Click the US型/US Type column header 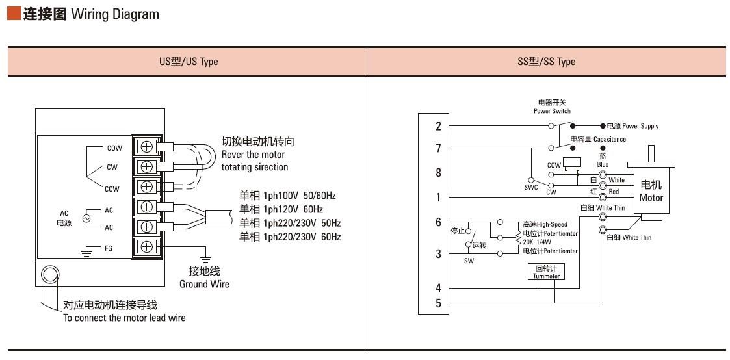click(189, 61)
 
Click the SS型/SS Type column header click(546, 61)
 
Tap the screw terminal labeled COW click(147, 146)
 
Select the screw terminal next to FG click(147, 246)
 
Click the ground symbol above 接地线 click(204, 259)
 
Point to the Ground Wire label click(204, 284)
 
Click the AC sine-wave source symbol click(86, 218)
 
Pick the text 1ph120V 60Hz click(293, 209)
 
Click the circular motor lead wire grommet click(49, 275)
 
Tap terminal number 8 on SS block click(438, 173)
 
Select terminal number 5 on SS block click(438, 303)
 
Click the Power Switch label click(552, 111)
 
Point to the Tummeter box click(547, 272)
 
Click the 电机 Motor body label click(651, 191)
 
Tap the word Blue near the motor click(603, 164)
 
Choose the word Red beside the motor click(614, 192)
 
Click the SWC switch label click(530, 188)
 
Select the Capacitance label click(610, 139)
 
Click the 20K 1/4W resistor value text click(537, 242)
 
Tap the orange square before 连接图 click(14, 14)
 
